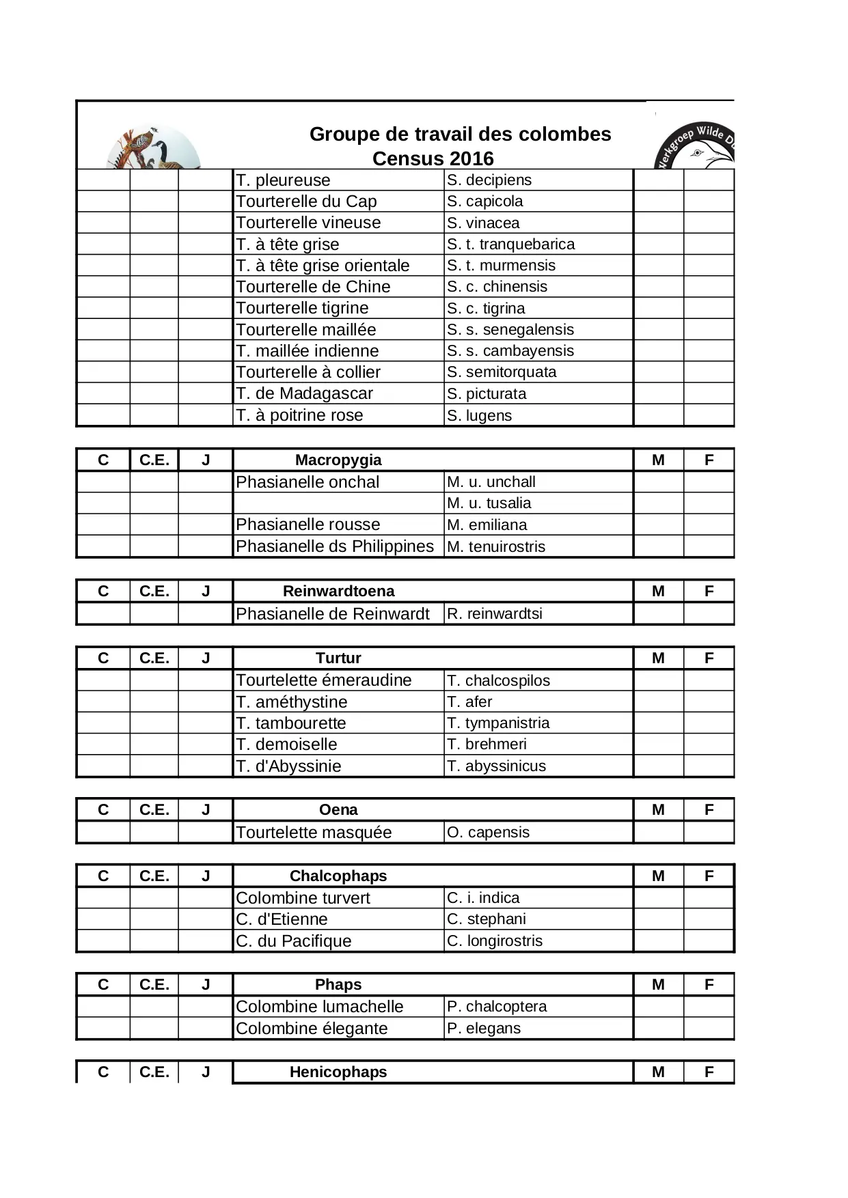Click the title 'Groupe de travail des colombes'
pos(460,134)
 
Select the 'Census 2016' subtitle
pos(433,158)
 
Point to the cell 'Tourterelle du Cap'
pos(306,201)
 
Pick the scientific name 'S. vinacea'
pos(483,223)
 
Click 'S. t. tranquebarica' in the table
pos(510,244)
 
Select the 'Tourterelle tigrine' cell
pos(302,308)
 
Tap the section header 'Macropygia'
pos(338,460)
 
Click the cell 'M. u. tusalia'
pos(489,503)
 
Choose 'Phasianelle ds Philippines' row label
pos(335,546)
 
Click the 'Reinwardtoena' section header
pos(338,591)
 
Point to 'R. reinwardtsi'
pos(495,613)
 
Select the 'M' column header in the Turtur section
pos(658,658)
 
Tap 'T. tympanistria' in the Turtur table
pos(498,723)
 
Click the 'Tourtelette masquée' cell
pos(314,833)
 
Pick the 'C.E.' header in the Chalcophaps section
pos(154,876)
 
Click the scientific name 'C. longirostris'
pos(495,941)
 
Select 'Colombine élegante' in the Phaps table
pos(312,1029)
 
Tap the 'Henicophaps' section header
pos(338,1072)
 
